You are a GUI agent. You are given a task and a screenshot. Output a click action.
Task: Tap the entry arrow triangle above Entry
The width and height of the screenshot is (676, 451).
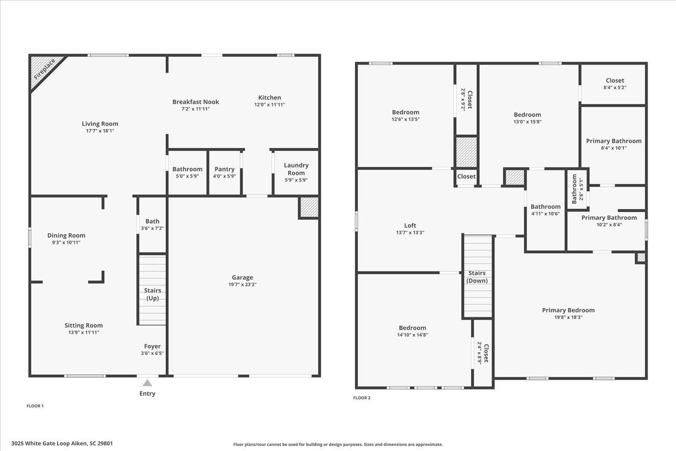click(147, 383)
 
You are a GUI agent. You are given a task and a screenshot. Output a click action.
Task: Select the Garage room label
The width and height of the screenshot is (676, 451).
click(242, 278)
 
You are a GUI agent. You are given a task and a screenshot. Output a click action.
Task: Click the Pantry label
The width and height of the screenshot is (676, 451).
click(224, 169)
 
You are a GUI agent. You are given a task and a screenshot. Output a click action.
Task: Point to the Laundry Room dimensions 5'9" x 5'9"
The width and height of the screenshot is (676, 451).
click(296, 180)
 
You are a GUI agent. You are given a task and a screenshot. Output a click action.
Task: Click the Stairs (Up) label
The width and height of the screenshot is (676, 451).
click(153, 294)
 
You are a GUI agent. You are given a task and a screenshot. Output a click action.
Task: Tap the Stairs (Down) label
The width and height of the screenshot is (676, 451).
click(477, 277)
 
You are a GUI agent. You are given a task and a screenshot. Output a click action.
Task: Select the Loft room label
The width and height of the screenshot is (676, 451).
click(410, 226)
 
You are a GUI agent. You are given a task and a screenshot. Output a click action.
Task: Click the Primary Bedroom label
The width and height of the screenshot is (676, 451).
click(568, 310)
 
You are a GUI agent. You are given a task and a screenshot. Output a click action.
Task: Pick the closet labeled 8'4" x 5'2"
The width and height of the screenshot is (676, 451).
click(615, 84)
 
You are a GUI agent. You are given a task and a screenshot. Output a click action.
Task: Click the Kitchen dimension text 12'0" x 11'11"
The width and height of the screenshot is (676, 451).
click(270, 105)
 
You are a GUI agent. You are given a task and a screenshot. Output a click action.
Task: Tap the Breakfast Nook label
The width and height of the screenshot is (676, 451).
click(196, 102)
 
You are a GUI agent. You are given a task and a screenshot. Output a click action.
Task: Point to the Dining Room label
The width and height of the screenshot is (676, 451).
click(66, 235)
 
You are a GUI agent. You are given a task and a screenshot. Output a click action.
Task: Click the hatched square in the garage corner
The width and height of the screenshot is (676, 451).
click(309, 207)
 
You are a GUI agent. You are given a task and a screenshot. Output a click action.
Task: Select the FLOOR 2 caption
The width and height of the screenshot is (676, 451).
click(362, 398)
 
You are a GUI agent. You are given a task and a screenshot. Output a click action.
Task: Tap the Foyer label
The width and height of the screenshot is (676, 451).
click(152, 346)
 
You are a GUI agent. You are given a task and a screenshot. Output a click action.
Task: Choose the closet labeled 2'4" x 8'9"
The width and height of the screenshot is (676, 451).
click(483, 353)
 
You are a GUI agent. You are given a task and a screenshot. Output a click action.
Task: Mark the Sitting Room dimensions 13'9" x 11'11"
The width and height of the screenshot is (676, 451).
click(84, 333)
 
